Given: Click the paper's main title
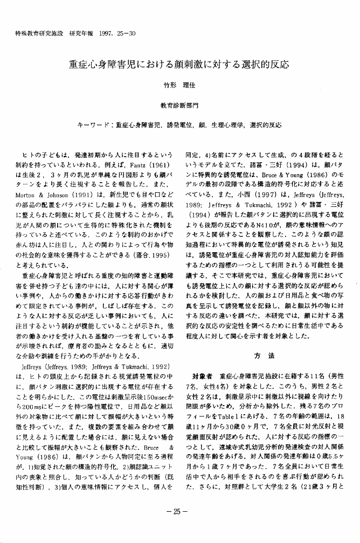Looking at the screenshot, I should (179, 65).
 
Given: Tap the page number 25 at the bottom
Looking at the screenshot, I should (179, 511).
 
